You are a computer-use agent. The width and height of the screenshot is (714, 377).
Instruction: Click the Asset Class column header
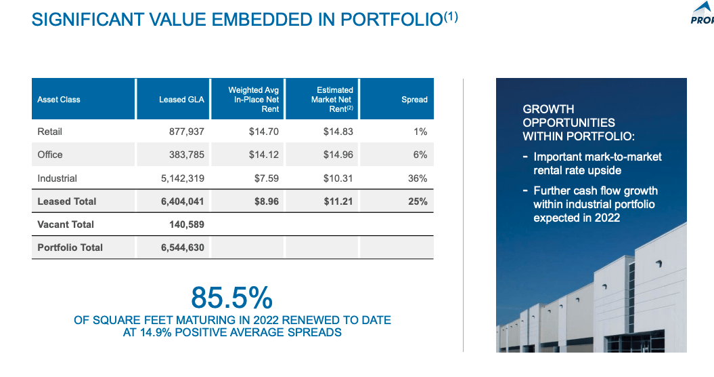pos(59,100)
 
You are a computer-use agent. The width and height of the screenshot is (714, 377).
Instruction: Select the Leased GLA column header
pos(181,100)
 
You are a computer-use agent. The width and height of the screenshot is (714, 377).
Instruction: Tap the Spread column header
pos(414,100)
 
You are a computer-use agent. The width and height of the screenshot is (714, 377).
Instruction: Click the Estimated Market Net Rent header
pos(332,99)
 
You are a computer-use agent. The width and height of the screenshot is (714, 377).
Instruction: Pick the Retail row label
pos(50,132)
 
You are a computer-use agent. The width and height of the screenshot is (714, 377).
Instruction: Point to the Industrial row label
pos(58,178)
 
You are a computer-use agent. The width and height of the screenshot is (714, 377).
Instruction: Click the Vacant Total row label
pos(66,224)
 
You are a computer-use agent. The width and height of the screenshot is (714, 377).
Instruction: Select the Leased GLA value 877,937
pos(186,132)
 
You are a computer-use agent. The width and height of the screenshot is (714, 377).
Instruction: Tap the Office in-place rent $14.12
pos(264,155)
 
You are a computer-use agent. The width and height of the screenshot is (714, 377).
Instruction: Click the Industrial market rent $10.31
pos(338,178)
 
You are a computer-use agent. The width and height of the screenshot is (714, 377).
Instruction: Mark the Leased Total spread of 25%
pos(418,201)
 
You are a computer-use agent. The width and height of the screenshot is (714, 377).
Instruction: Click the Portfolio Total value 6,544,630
pos(183,247)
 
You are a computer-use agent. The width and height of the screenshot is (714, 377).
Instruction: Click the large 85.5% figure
pos(231,297)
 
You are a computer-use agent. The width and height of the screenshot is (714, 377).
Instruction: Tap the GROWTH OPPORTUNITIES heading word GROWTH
pos(548,109)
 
